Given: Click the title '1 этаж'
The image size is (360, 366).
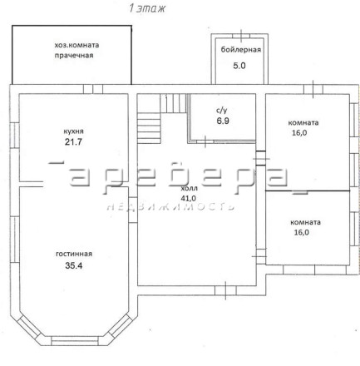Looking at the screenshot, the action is coord(147,8).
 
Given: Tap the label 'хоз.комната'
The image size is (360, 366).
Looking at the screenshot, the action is coord(76,45).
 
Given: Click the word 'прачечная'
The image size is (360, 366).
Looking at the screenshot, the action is coord(74,56).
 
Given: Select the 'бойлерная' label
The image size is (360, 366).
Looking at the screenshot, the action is coord(241,50).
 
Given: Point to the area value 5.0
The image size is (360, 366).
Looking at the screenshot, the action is coord(239,66).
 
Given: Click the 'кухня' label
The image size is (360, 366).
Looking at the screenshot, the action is coord(73,131).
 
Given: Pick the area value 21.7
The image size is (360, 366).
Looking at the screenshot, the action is coord(73,142).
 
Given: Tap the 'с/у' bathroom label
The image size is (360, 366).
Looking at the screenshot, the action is coord(222,111).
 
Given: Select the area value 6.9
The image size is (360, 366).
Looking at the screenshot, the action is coord(223,121).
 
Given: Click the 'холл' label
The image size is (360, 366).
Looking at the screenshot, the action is coord(190,189).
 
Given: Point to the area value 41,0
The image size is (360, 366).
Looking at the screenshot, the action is coord(189,198).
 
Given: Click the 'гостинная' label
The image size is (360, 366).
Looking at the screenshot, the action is coord(74,254).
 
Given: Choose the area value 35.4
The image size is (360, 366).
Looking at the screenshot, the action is coord(74,265).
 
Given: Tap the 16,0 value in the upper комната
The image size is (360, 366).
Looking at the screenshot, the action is coord(299,133).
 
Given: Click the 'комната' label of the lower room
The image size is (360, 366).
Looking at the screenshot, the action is coord(305,222).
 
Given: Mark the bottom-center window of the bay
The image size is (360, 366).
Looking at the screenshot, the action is coord(75,341).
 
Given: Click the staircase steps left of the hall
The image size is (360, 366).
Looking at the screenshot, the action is coord(149,128).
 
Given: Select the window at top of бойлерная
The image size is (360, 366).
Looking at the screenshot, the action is coord(241,36).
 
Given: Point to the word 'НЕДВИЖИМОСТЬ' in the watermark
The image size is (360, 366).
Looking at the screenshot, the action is coord(170,206).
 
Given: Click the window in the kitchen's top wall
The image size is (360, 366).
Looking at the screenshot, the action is coord(93,89).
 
